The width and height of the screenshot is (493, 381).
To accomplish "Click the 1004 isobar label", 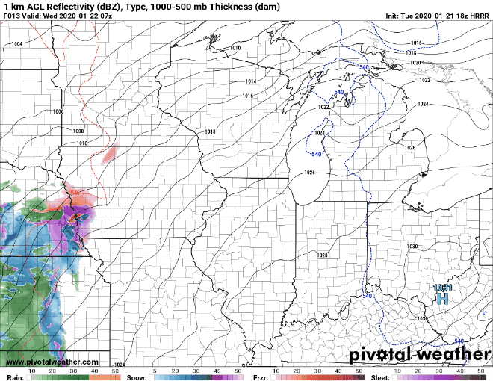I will (x=16, y=44).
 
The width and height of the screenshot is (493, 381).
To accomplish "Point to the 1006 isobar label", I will (x=58, y=111).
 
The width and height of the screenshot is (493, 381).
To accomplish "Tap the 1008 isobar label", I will (x=78, y=131).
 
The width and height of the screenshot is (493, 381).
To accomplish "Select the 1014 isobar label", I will (x=250, y=81).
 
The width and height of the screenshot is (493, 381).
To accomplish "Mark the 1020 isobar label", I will (x=415, y=63).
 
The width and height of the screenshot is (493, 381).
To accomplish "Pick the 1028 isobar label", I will (x=323, y=255).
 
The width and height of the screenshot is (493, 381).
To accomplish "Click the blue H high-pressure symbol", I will (x=442, y=299).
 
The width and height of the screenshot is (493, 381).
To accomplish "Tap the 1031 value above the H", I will (x=442, y=288).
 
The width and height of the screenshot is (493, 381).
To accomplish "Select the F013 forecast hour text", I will (x=12, y=14).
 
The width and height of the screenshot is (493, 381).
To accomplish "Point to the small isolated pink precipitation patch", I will (x=110, y=154).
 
